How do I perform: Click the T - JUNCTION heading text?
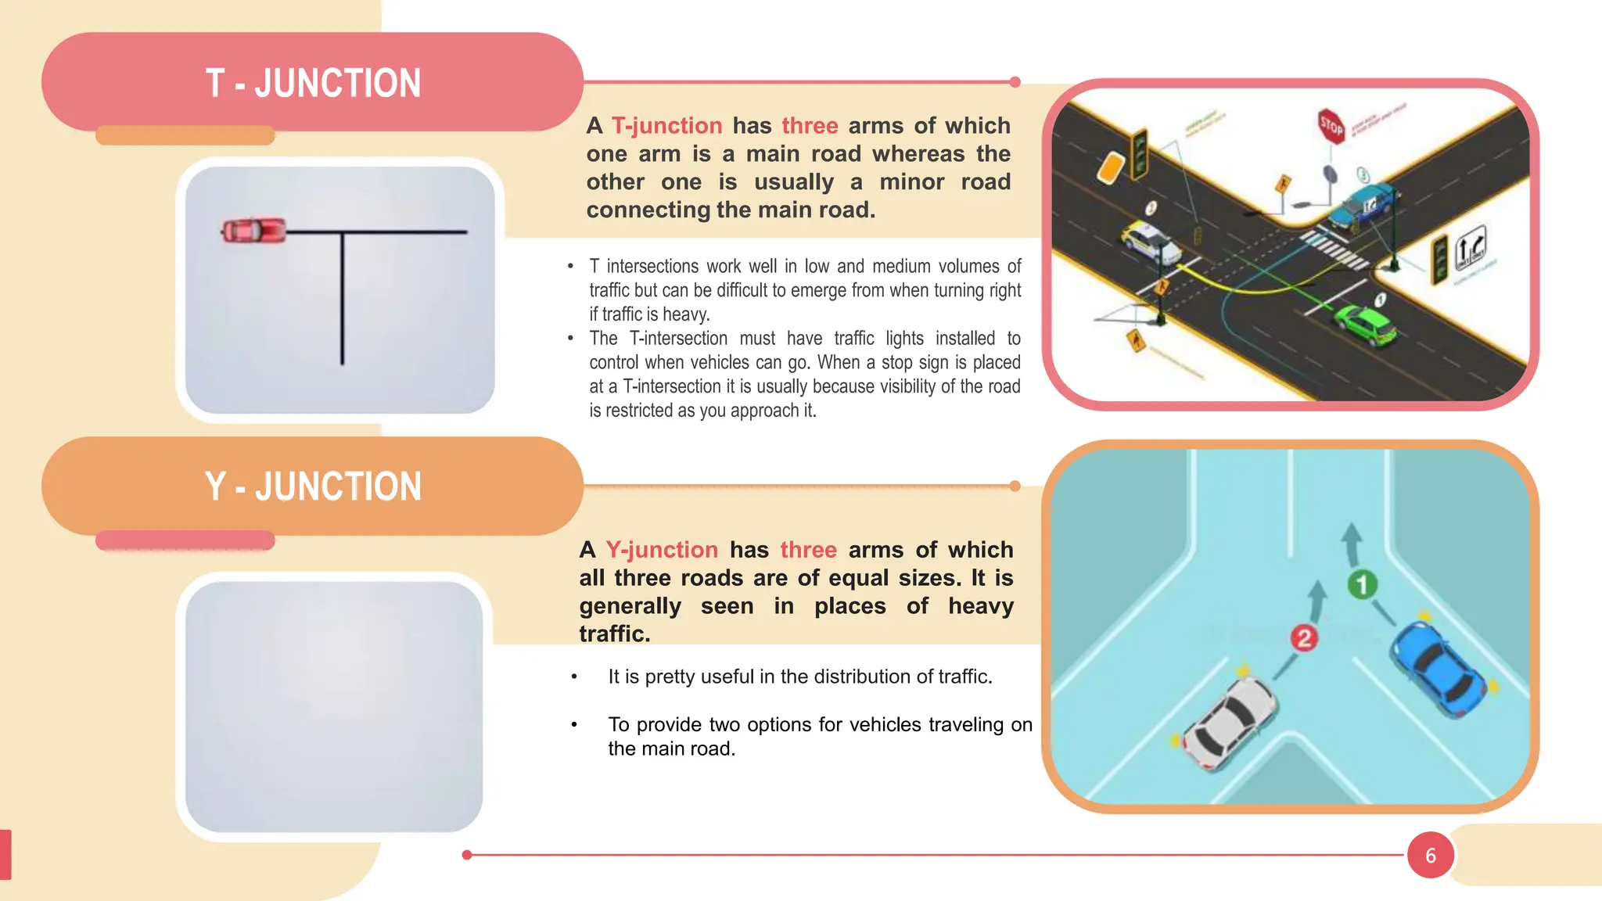[313, 83]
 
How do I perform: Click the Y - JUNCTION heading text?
[313, 486]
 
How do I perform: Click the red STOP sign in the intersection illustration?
[1331, 125]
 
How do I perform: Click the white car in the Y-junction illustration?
[1228, 721]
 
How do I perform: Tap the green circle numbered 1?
[1362, 584]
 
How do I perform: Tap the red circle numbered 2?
[1303, 638]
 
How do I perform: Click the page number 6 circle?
[1430, 855]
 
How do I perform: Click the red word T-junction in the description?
[666, 126]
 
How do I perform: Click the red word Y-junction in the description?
[662, 550]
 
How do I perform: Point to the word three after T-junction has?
[810, 126]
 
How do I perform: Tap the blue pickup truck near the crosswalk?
[1364, 205]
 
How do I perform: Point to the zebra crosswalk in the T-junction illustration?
[1334, 250]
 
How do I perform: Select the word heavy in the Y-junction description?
[981, 606]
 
